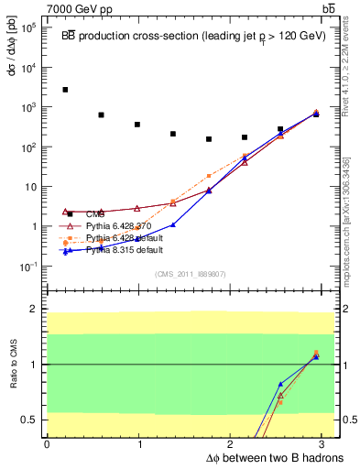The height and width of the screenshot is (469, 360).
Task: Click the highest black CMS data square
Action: click(65, 90)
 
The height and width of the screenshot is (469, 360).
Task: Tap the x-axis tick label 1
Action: click(139, 442)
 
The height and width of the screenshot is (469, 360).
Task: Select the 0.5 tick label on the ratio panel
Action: click(31, 420)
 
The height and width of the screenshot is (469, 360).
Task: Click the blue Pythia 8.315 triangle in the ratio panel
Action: click(280, 385)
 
